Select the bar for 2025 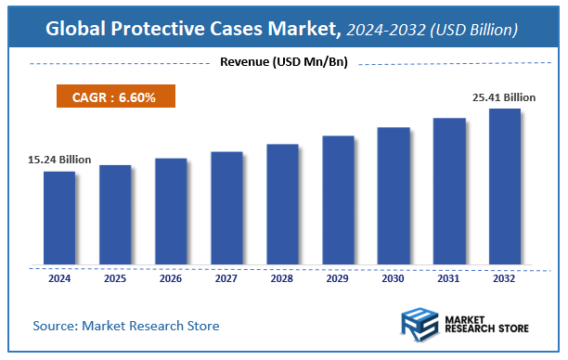point(115,214)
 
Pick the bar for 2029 point(338,199)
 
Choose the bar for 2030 point(394,195)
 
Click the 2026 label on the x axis point(171,277)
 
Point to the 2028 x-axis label point(282,277)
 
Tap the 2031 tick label point(449,277)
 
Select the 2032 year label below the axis point(505,277)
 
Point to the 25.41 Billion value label point(503,96)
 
